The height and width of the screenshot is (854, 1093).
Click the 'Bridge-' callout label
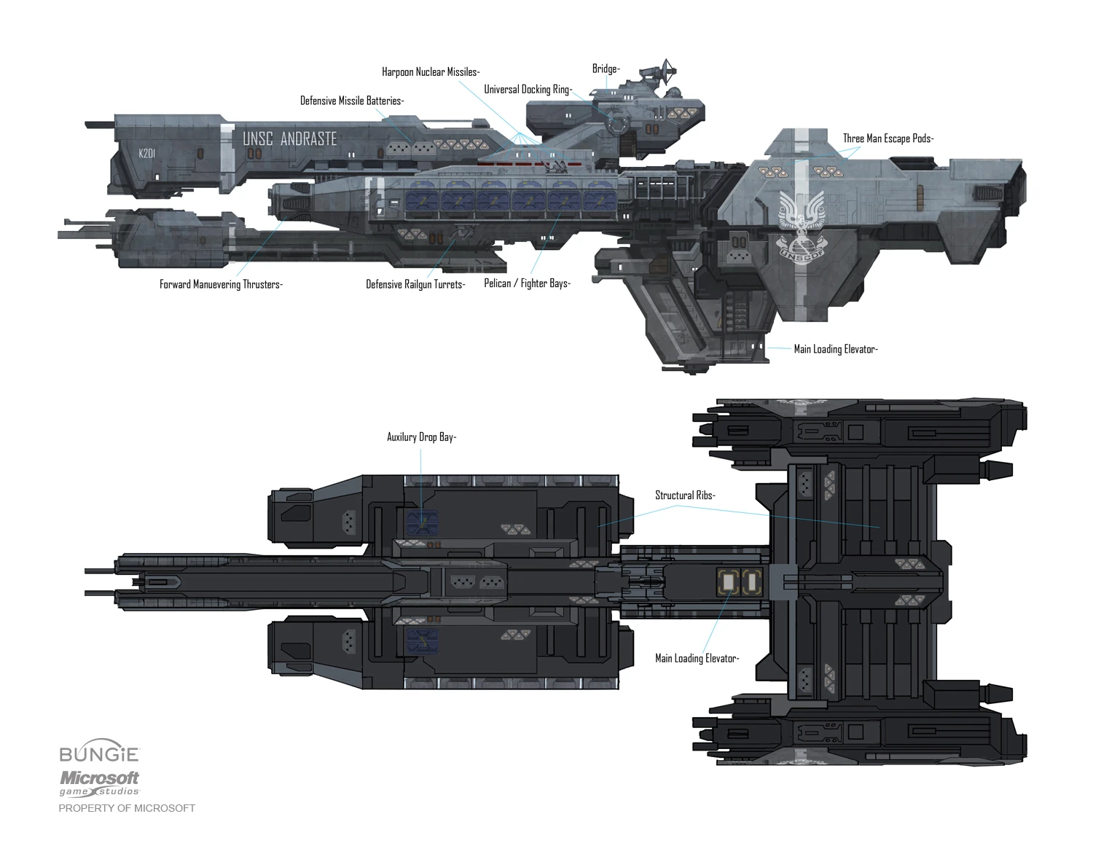click(x=606, y=69)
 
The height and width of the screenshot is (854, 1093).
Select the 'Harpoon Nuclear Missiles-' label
click(x=431, y=72)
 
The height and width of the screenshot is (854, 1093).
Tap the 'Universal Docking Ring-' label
click(x=528, y=90)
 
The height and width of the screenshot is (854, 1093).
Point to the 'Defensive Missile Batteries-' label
click(x=352, y=101)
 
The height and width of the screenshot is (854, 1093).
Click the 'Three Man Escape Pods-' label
click(x=888, y=138)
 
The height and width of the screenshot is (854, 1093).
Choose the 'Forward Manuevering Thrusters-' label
click(x=221, y=284)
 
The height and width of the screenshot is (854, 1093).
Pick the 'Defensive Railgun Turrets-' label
click(x=415, y=284)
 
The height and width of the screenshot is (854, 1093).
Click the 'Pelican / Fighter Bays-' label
click(x=527, y=283)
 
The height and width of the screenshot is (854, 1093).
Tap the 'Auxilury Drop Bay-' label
click(x=421, y=437)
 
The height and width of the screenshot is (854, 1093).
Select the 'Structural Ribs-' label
click(x=685, y=495)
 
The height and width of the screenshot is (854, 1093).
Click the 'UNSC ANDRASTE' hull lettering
click(x=290, y=138)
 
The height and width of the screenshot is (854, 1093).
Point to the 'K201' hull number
click(x=146, y=154)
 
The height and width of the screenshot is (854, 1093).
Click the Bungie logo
click(x=99, y=754)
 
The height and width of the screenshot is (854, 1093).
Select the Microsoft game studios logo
click(x=99, y=783)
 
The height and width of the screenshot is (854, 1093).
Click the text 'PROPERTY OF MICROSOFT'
click(x=127, y=808)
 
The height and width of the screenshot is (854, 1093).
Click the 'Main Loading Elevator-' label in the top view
click(x=697, y=659)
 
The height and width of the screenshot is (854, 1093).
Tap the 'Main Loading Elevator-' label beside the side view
click(x=835, y=349)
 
